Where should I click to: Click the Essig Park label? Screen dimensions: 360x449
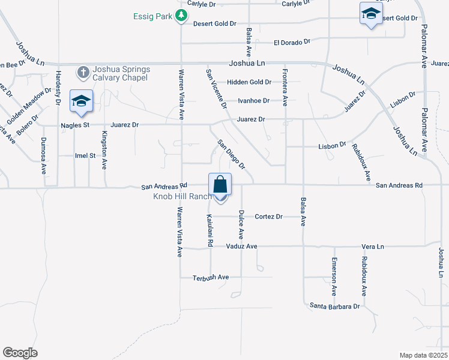click(x=152, y=16)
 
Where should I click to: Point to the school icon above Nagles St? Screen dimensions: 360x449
click(x=80, y=101)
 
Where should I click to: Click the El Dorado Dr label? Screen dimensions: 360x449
click(x=292, y=43)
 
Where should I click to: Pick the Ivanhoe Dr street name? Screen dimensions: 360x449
click(x=254, y=101)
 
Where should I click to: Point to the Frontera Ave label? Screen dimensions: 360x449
click(x=285, y=88)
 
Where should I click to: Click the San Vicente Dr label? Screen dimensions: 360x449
click(x=216, y=88)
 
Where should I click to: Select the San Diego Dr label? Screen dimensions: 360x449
click(x=232, y=154)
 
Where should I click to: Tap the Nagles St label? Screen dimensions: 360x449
click(x=75, y=125)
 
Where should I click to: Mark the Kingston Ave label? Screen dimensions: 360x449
click(x=104, y=149)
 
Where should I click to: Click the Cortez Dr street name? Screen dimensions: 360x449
click(x=268, y=217)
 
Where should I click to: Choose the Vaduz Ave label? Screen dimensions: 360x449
click(x=241, y=247)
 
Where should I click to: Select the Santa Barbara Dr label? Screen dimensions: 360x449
click(x=334, y=306)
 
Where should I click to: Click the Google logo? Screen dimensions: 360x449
click(x=20, y=353)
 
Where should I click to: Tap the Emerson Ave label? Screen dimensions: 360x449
click(x=334, y=277)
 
